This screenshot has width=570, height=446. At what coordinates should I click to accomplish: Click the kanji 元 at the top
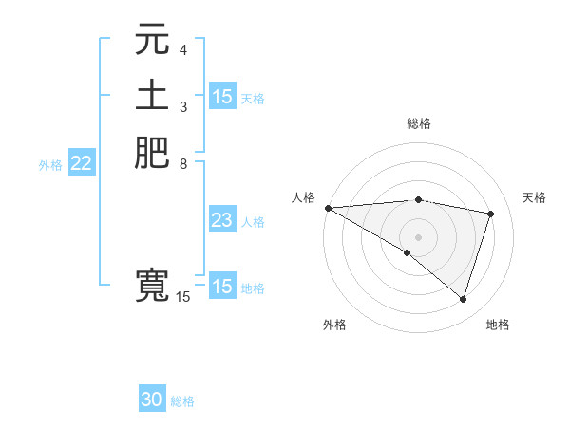click(x=152, y=41)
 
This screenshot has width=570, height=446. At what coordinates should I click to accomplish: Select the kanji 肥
click(x=152, y=153)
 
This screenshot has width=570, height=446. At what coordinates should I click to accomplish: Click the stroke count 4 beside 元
click(x=183, y=49)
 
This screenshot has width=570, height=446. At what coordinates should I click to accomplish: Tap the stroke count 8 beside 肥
click(x=183, y=162)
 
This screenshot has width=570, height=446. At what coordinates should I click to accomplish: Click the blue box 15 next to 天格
click(x=222, y=97)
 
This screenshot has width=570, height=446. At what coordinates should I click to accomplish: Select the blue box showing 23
click(x=222, y=221)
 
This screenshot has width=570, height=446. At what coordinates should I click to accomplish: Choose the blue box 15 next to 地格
click(x=222, y=287)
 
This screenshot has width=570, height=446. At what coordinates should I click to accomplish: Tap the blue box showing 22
click(x=82, y=164)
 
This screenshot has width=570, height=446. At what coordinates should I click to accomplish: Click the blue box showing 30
click(x=152, y=400)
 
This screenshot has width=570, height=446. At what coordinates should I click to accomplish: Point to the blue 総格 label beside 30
click(x=182, y=401)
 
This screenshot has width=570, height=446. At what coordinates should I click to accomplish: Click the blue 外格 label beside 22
click(x=50, y=165)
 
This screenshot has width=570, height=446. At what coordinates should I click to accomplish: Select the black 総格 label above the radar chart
click(x=419, y=123)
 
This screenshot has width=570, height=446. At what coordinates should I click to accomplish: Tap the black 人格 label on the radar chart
click(x=303, y=197)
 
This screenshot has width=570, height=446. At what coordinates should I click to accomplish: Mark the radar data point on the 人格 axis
click(x=328, y=207)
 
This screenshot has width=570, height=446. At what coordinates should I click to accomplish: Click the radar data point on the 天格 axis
click(x=491, y=214)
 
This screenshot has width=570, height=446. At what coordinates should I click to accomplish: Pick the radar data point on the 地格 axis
click(x=464, y=300)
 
